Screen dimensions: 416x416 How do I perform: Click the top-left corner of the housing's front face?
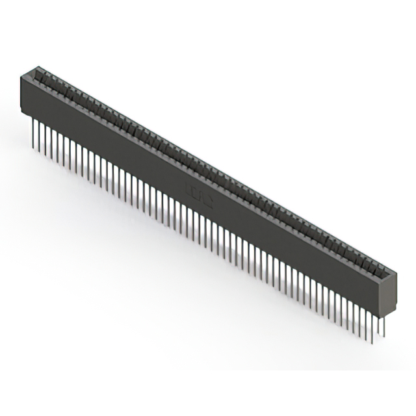(21, 76)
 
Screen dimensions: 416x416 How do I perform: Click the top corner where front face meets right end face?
(383, 277)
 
